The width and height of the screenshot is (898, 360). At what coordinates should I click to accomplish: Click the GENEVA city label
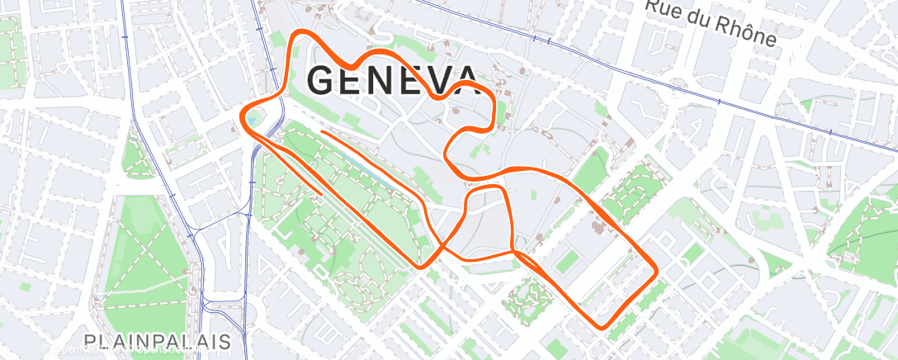tap(393, 80)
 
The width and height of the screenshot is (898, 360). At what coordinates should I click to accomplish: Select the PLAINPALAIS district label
tap(157, 341)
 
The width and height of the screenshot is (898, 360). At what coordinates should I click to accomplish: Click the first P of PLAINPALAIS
tap(90, 341)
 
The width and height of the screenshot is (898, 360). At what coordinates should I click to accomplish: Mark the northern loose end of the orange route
tap(321, 131)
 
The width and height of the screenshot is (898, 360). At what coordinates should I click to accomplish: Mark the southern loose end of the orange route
tap(321, 194)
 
